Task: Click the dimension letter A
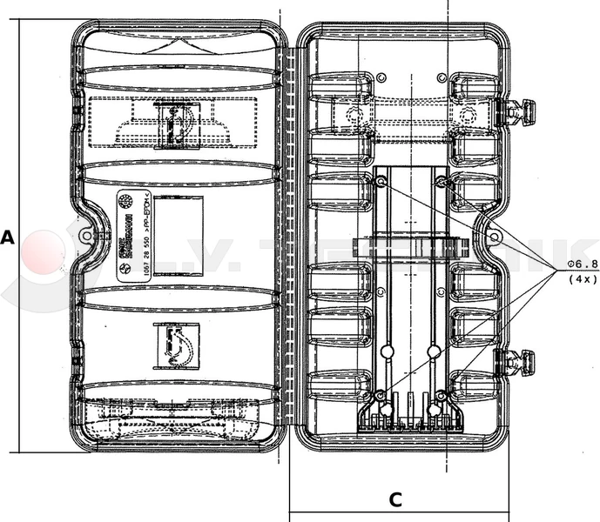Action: (8, 238)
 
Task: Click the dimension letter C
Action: (394, 499)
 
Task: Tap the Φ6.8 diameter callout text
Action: (580, 264)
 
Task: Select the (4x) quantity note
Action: (581, 279)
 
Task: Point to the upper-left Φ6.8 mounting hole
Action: (381, 182)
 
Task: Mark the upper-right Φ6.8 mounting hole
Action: (442, 182)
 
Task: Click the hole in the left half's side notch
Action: (85, 236)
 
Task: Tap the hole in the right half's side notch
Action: (494, 236)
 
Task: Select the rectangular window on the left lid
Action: (177, 235)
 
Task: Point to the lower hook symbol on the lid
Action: (177, 347)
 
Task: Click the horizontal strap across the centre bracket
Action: (411, 246)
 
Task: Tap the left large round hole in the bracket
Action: (388, 351)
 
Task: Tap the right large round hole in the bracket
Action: (434, 351)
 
